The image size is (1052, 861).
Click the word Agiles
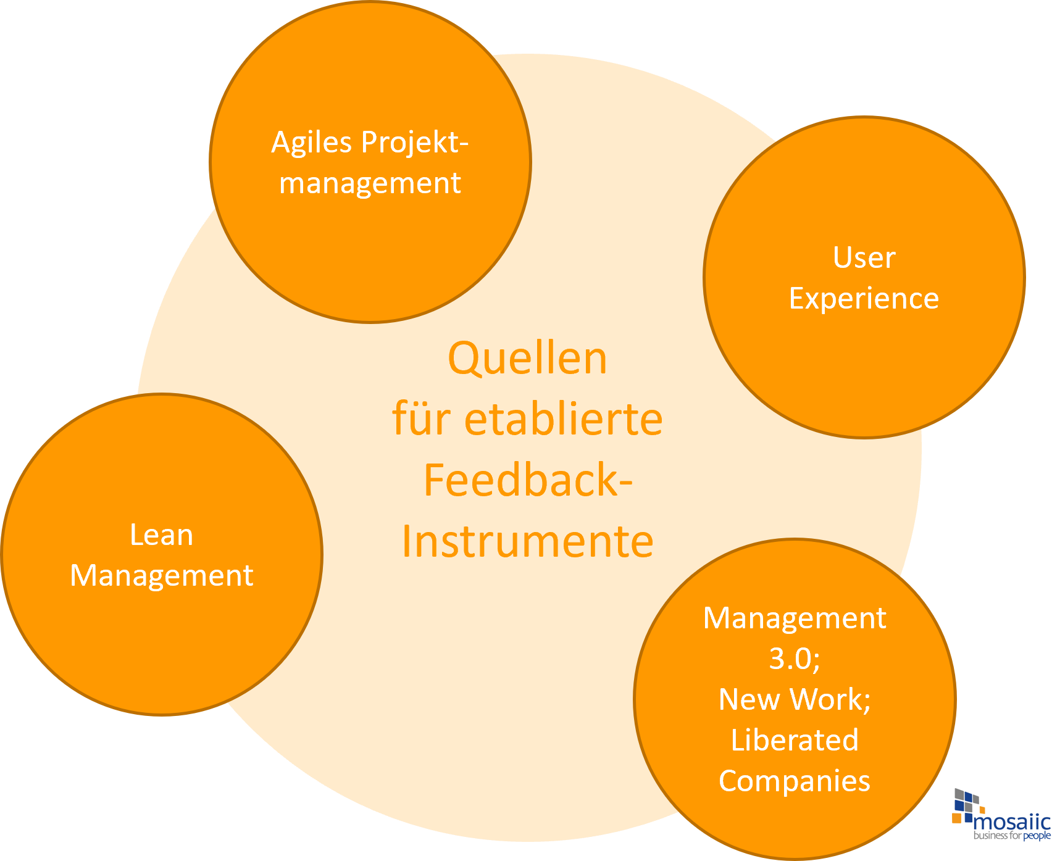312,143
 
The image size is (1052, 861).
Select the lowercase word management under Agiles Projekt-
370,183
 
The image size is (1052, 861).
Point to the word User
864,257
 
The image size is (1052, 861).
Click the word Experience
864,299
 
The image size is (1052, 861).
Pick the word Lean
161,534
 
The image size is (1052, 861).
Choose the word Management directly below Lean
161,576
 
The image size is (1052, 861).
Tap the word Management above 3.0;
795,618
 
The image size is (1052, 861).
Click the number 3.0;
795,659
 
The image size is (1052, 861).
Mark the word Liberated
795,740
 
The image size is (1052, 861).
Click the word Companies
795,781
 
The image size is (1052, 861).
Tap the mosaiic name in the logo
1011,822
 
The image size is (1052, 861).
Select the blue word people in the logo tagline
1037,836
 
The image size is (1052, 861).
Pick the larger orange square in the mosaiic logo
958,818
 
